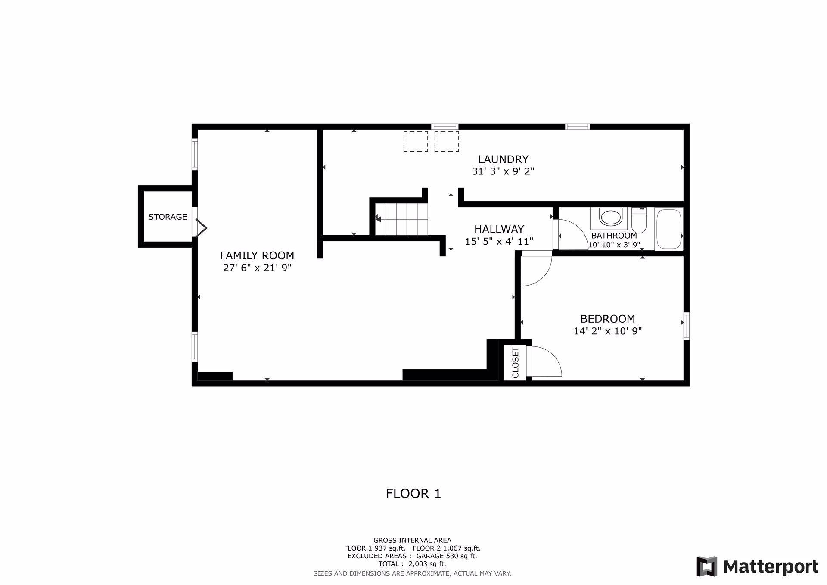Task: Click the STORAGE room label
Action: point(168,217)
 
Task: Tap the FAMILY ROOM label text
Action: point(257,255)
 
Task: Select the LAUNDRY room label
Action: point(503,159)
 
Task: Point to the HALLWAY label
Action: point(499,229)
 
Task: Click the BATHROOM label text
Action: point(614,236)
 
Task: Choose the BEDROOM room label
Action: point(608,319)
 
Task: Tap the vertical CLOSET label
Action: point(515,363)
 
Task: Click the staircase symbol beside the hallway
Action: point(401,219)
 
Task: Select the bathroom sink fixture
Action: point(611,217)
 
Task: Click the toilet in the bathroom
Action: point(639,220)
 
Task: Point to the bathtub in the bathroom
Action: point(668,229)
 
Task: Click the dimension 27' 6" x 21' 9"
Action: point(257,268)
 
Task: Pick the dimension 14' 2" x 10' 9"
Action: point(608,331)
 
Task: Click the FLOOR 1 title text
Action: point(413,493)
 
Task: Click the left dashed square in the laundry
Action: point(416,141)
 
